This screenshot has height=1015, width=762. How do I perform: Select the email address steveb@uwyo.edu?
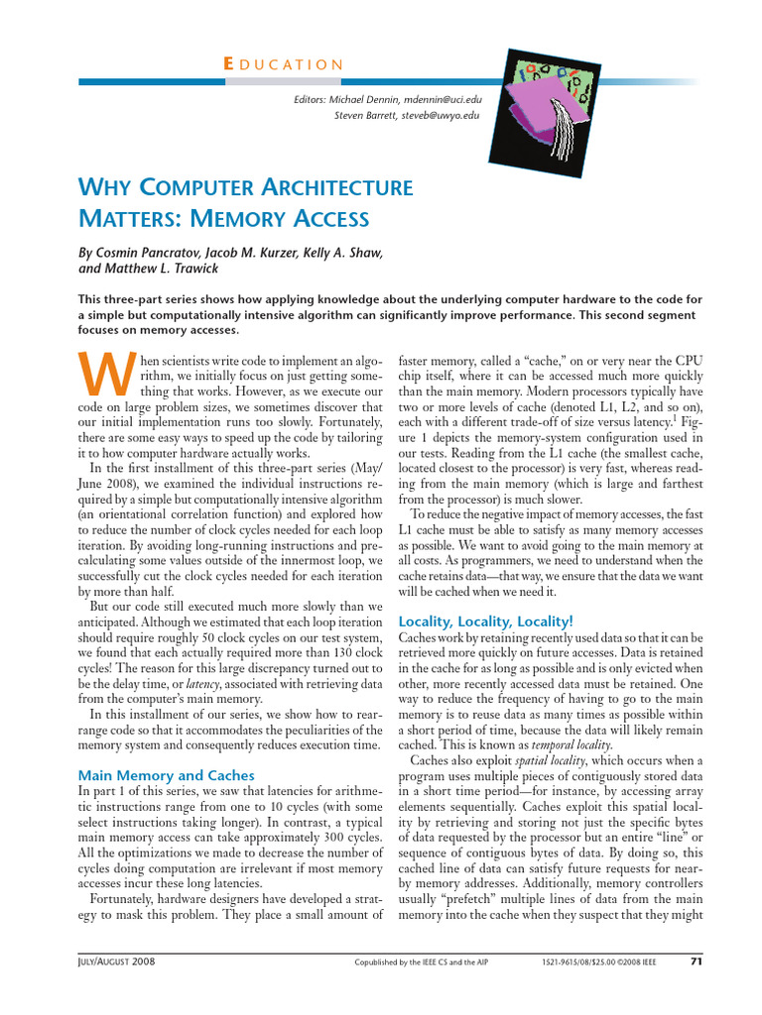440,115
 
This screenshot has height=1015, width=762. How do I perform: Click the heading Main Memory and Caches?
166,775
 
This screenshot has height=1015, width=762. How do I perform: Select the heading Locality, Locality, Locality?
482,620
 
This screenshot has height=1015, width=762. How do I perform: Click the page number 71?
694,960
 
